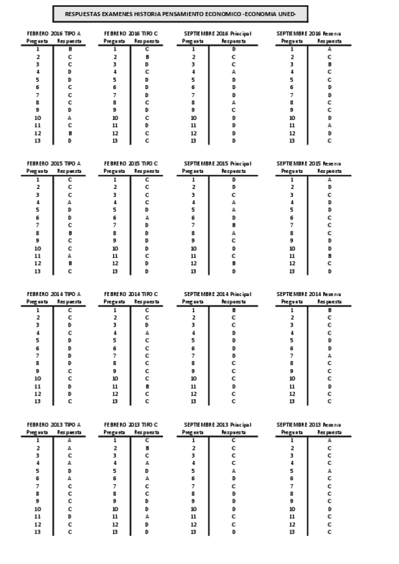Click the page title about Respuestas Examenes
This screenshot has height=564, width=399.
coord(181,14)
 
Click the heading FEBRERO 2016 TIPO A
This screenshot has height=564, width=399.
coord(54,33)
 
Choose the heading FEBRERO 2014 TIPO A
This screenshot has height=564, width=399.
coord(54,293)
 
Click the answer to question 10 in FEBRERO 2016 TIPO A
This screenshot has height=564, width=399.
coord(69,118)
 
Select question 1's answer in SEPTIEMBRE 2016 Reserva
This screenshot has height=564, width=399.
coord(329,49)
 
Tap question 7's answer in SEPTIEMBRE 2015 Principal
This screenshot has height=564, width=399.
coord(234,225)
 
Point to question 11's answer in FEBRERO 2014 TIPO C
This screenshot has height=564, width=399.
coord(147,386)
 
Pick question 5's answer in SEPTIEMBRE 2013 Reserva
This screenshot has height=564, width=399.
coord(329,470)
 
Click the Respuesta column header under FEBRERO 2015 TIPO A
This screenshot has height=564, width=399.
coord(69,171)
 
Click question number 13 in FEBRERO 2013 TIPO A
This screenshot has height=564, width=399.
coord(38,531)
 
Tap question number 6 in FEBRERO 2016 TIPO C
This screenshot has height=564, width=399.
coord(115,87)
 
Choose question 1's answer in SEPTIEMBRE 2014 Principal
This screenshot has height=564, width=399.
coord(234,309)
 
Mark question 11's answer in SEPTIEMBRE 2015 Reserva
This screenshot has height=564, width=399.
coord(329,255)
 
